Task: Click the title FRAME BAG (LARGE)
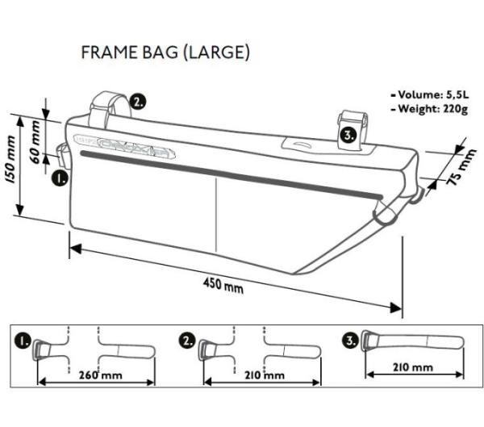(x=165, y=52)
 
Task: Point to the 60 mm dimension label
(x=34, y=140)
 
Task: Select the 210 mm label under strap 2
(x=262, y=374)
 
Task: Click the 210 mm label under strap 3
(x=412, y=367)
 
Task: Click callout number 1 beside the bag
(x=59, y=177)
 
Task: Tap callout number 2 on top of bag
(x=138, y=102)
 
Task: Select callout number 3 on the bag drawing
(x=347, y=135)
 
